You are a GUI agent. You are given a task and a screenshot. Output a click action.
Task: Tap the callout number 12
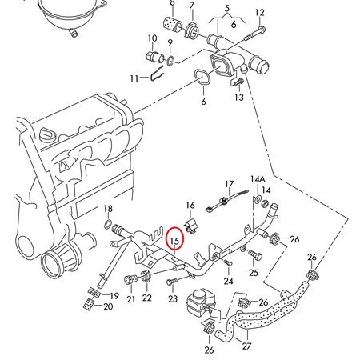click(259, 12)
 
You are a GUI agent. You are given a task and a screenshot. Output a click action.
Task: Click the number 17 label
click(229, 184)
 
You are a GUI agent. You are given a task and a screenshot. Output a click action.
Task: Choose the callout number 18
click(108, 209)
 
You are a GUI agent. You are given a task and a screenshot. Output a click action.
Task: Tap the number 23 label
click(173, 299)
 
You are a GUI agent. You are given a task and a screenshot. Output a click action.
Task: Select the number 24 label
click(228, 281)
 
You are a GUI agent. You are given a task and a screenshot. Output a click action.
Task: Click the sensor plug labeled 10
click(153, 57)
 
